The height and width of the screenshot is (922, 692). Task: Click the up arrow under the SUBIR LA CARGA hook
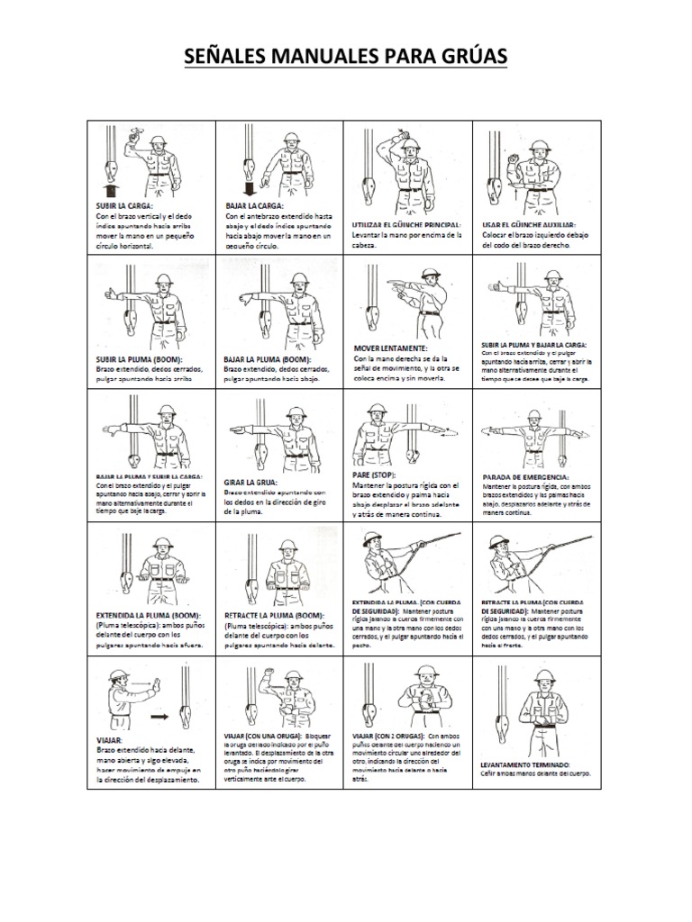pyautogui.click(x=109, y=189)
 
